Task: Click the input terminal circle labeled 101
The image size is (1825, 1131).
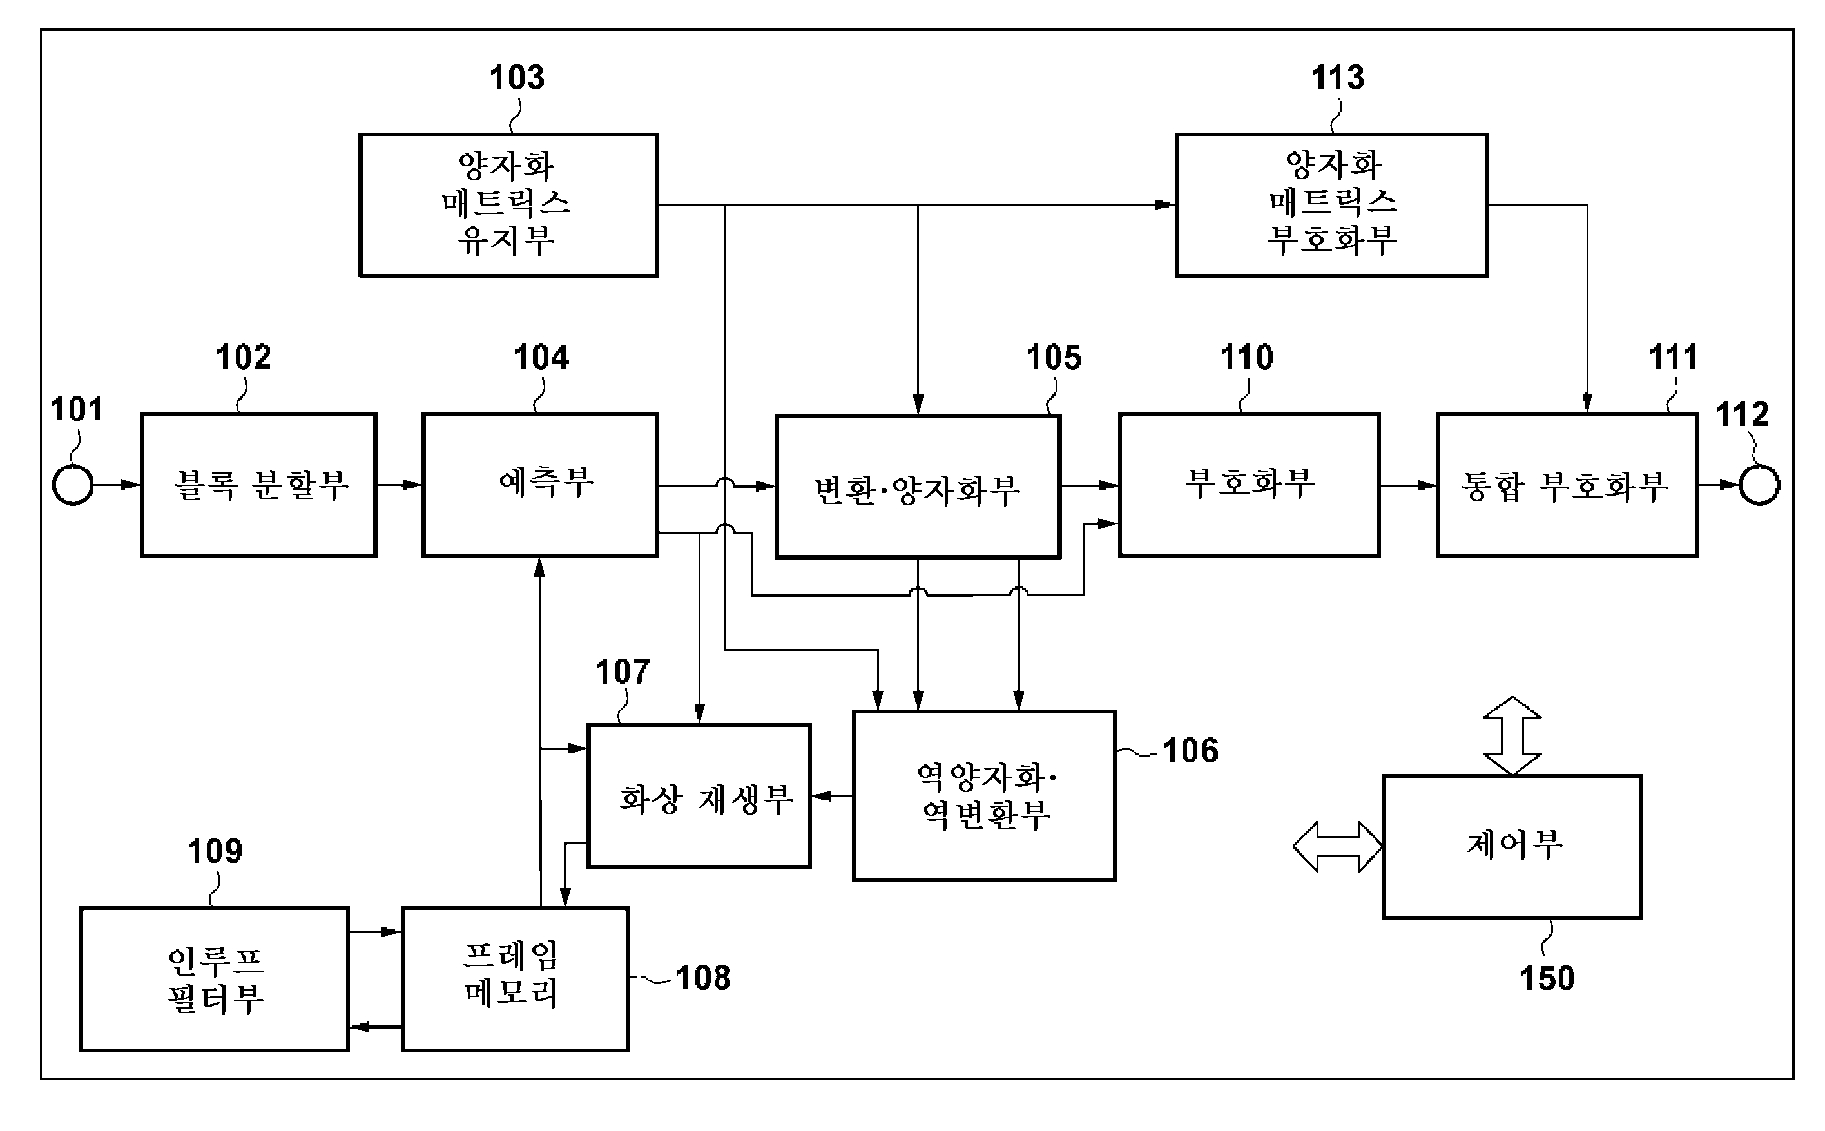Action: coord(73,485)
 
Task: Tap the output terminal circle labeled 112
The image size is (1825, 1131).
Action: coord(1759,485)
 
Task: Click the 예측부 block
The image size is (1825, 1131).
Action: coord(540,485)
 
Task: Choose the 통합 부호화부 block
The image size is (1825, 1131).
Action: coord(1566,485)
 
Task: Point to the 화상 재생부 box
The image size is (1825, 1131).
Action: coord(699,796)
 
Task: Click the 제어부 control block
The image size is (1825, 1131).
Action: coord(1512,847)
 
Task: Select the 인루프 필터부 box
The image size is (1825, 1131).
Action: coord(215,979)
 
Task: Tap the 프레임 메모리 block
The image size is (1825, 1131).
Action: coord(516,979)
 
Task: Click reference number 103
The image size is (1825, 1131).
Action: coord(517,78)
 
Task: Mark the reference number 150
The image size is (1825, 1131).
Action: coord(1547,978)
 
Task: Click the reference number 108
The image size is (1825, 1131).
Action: coord(703,978)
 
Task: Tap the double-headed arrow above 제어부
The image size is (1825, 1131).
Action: coord(1512,735)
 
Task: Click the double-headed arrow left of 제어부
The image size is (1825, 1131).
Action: coord(1337,847)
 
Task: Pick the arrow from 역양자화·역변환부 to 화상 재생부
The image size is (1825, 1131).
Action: coord(832,796)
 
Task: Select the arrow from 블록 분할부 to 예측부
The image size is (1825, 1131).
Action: coord(399,485)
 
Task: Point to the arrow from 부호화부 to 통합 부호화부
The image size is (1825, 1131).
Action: coord(1407,485)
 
